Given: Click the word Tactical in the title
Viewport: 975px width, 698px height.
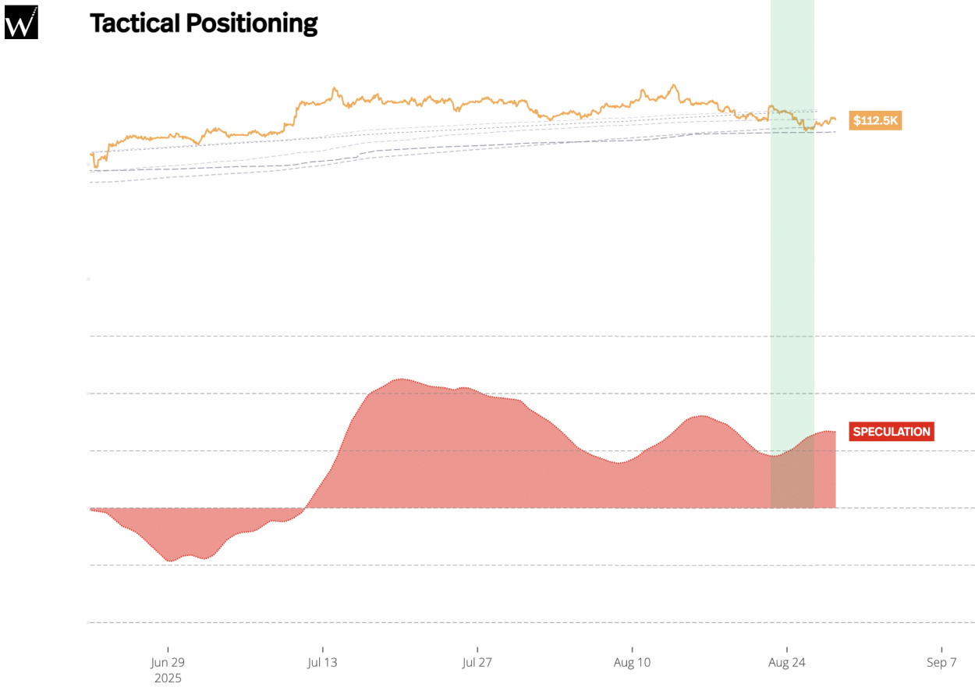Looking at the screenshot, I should click(133, 23).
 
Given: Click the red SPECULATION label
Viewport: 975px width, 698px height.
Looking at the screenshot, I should click(891, 432).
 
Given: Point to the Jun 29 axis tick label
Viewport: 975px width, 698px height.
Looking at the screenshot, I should click(168, 663).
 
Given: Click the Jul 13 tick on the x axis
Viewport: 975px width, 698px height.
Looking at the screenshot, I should click(322, 663).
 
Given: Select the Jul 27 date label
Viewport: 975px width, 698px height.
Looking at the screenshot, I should click(477, 663).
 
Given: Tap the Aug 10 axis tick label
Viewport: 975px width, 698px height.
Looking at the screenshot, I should click(632, 663).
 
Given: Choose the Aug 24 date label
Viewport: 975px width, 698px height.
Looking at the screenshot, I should click(786, 663).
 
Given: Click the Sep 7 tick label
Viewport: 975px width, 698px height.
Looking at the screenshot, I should click(941, 663).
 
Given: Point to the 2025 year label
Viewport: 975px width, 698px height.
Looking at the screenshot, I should click(168, 678).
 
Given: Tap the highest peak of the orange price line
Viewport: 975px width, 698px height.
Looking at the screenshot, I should click(672, 85).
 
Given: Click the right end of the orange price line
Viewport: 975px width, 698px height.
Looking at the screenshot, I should click(835, 119).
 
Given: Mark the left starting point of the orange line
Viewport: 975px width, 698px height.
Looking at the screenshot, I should click(91, 155).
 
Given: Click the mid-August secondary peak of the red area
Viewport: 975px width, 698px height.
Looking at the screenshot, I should click(701, 416).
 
